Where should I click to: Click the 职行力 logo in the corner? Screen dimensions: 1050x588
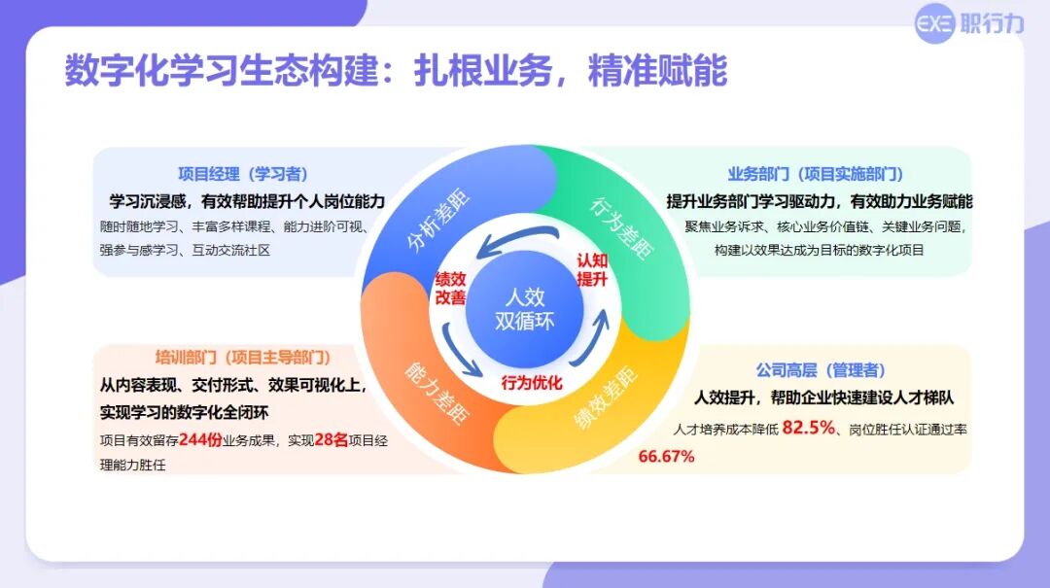(969, 24)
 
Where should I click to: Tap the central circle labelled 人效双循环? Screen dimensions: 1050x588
(524, 309)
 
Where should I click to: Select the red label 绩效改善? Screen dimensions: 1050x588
(450, 289)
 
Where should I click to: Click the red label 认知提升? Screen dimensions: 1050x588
(592, 270)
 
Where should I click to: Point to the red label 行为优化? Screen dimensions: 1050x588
(532, 383)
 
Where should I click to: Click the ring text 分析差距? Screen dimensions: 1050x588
(438, 222)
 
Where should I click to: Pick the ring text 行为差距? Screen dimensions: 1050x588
(620, 227)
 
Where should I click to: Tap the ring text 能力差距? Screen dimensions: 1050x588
(436, 393)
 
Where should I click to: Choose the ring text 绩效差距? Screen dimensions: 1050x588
(606, 397)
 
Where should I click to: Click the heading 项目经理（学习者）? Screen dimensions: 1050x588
(243, 174)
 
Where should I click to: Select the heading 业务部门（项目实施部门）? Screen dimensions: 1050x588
(815, 174)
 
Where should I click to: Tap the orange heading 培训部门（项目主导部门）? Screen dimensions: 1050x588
(242, 357)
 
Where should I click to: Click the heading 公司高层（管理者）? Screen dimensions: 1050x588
(821, 369)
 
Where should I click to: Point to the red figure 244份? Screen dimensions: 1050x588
(200, 439)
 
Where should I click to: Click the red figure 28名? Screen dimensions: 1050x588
(331, 439)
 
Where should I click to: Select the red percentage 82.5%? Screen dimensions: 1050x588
(809, 428)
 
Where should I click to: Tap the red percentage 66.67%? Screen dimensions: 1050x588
(666, 457)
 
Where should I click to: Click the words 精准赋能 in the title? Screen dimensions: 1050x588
(657, 70)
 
